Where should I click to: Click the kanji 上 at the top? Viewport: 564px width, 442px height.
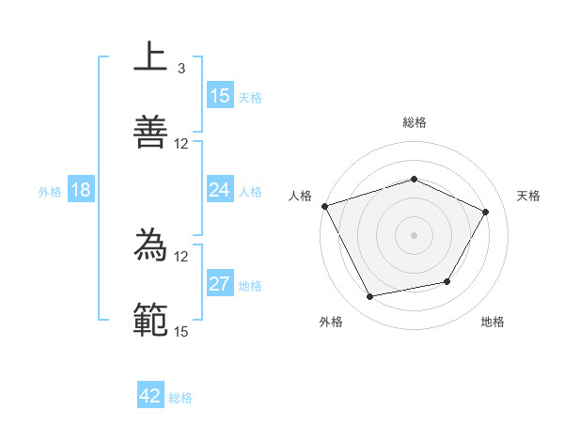point(150,56)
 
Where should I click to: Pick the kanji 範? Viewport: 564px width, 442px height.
point(150,320)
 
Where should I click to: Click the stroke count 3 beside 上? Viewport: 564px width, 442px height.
point(180,68)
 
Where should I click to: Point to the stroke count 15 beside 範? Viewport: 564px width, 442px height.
point(181,331)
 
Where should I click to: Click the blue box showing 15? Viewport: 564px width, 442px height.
point(220,95)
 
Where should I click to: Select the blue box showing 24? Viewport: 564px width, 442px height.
point(220,190)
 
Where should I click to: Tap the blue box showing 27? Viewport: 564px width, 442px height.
point(220,284)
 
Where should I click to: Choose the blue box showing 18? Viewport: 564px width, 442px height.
point(81,190)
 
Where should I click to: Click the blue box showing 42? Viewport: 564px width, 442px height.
point(150,396)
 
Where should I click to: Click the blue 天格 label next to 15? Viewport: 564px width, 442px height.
point(250,97)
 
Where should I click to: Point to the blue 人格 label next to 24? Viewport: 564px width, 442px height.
point(250,192)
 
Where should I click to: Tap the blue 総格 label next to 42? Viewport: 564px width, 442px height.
point(180,398)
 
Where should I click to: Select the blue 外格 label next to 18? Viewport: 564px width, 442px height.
point(50,192)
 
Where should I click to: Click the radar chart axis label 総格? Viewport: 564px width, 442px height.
point(414,122)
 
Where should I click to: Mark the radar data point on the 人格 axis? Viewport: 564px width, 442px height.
point(324,206)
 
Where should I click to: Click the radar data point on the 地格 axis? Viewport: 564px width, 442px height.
point(447,281)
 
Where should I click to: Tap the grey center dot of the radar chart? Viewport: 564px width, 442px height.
point(414,235)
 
